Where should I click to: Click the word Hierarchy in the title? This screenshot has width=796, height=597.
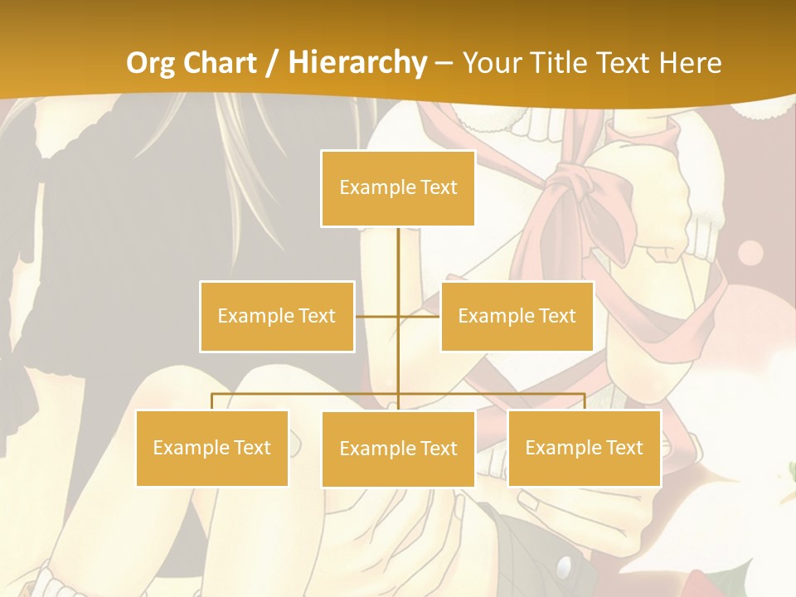click(x=357, y=63)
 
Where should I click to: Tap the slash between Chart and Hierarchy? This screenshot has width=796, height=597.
click(x=272, y=63)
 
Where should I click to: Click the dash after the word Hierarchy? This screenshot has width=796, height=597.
click(x=444, y=63)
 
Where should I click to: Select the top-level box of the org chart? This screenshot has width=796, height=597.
click(x=398, y=188)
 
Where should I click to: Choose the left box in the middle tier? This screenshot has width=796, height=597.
click(x=277, y=316)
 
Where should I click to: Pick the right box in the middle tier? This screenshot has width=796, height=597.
click(x=517, y=316)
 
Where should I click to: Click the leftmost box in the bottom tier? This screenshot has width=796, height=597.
click(x=211, y=448)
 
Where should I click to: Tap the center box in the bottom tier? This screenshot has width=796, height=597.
click(x=398, y=449)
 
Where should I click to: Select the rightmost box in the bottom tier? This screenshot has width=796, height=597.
click(x=584, y=448)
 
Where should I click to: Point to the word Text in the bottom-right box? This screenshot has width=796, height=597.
click(x=624, y=448)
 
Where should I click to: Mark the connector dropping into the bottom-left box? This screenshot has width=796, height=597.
click(x=212, y=401)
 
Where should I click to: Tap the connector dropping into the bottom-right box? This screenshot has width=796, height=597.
click(x=584, y=401)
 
